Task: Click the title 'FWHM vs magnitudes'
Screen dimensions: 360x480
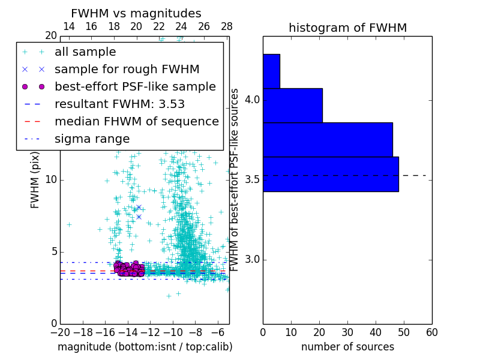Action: [136, 13]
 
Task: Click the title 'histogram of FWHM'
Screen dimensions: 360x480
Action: [347, 28]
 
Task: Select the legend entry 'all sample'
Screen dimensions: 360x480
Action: [85, 52]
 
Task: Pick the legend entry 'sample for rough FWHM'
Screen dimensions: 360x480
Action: [127, 70]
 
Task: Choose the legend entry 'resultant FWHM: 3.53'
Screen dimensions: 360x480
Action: [119, 104]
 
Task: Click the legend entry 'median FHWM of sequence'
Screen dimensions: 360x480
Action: [136, 121]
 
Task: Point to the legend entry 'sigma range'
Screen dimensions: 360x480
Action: [92, 139]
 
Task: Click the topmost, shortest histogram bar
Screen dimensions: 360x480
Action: [271, 71]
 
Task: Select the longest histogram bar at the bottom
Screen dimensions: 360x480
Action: [331, 174]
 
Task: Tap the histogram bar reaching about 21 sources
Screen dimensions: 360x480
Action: [292, 106]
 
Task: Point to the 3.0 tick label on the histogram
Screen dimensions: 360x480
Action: [252, 260]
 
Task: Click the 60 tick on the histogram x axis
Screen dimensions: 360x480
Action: [431, 332]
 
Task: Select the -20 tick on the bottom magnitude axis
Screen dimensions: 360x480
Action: [60, 332]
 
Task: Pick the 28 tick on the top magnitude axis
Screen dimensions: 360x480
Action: [226, 26]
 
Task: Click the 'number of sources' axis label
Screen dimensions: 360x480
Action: [347, 347]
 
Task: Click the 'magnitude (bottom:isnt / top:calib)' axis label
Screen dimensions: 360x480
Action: [145, 347]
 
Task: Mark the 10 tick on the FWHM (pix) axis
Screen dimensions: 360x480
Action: [50, 179]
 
